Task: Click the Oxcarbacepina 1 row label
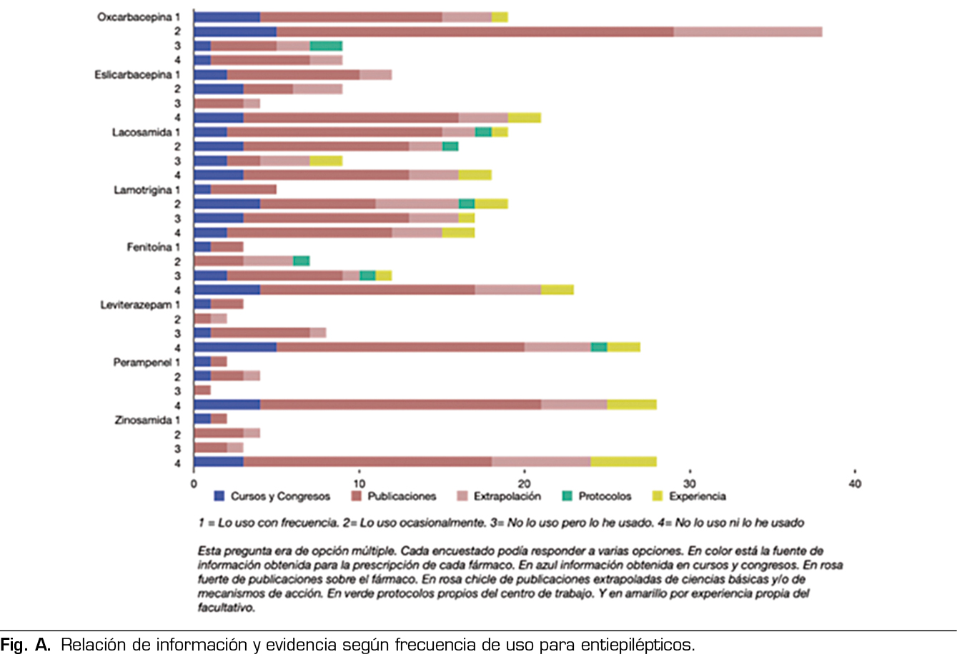pyautogui.click(x=139, y=16)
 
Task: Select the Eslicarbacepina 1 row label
pyautogui.click(x=137, y=74)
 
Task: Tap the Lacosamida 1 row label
pyautogui.click(x=146, y=132)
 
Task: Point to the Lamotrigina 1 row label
pyautogui.click(x=147, y=190)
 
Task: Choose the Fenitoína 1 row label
pyautogui.click(x=153, y=247)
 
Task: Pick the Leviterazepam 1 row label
pyautogui.click(x=140, y=305)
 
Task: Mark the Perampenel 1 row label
pyautogui.click(x=147, y=362)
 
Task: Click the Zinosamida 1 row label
pyautogui.click(x=147, y=420)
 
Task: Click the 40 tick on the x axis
pyautogui.click(x=855, y=484)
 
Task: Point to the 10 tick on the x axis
pyautogui.click(x=359, y=484)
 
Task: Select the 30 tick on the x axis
pyautogui.click(x=690, y=484)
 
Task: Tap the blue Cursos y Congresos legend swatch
pyautogui.click(x=219, y=496)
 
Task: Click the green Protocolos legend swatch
pyautogui.click(x=567, y=496)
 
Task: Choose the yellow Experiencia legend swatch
pyautogui.click(x=658, y=496)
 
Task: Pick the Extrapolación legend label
pyautogui.click(x=507, y=496)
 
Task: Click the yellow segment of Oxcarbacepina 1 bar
pyautogui.click(x=500, y=16)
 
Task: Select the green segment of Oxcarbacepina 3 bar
pyautogui.click(x=326, y=46)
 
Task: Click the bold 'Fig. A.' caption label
pyautogui.click(x=26, y=645)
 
